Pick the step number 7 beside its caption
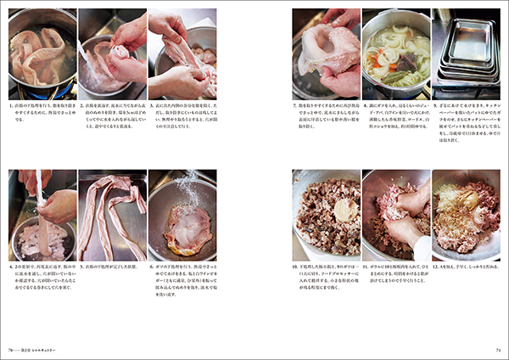294,107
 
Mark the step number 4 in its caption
11,267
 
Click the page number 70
10,348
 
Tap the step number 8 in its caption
364,107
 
